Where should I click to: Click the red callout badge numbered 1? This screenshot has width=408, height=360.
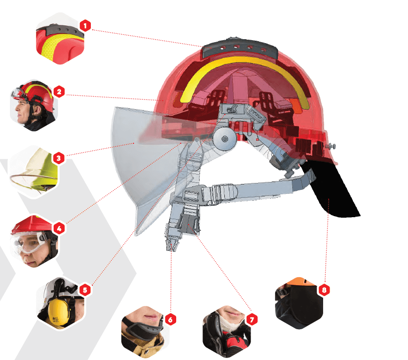[85, 26]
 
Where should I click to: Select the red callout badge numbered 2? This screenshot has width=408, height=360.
[59, 92]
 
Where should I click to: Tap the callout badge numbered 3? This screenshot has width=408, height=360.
[59, 158]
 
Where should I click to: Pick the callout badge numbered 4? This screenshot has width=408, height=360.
[59, 229]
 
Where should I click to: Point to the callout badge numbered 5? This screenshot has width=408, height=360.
[85, 290]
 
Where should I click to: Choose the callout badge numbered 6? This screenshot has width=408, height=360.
[170, 319]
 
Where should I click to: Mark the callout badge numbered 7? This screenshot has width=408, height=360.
[252, 319]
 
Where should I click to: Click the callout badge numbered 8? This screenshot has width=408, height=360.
[324, 290]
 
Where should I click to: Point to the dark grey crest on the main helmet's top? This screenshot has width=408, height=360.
[240, 48]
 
